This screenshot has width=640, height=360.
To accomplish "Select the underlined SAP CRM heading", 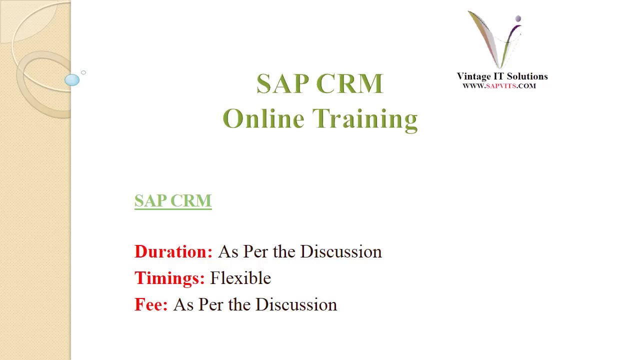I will click(x=173, y=200).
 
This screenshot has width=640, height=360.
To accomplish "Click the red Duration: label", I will click(x=173, y=251).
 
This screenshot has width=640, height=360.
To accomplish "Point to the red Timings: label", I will click(x=169, y=278).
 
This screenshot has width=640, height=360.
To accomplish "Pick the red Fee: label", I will click(x=151, y=304).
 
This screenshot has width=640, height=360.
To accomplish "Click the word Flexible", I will click(x=240, y=278).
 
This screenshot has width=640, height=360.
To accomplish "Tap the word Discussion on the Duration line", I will click(x=341, y=251).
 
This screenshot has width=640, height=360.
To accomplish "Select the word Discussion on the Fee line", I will click(x=296, y=304).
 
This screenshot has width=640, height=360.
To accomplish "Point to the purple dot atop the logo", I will click(x=518, y=19).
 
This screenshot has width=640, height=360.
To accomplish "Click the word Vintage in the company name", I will click(x=473, y=76).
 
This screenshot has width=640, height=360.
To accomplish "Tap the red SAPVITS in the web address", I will click(x=500, y=86).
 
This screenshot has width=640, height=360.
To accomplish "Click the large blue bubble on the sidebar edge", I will click(x=72, y=80).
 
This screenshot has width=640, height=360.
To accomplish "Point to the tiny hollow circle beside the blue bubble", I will click(x=83, y=72).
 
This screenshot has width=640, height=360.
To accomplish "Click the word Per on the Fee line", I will click(x=210, y=304).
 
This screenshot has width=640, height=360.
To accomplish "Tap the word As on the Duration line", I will click(x=228, y=251).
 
